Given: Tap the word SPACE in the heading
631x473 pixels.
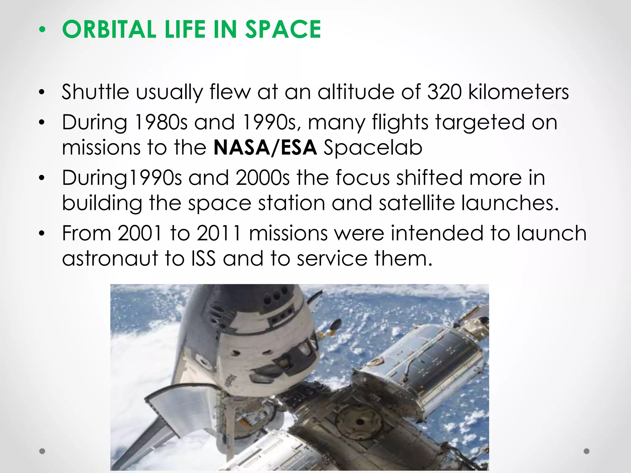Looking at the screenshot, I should [283, 29].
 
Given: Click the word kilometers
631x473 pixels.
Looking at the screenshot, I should [518, 92].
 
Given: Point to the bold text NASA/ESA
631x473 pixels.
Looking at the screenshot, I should [265, 147].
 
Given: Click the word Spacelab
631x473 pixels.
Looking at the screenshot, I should [373, 148].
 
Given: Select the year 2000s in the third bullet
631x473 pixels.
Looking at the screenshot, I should [263, 178].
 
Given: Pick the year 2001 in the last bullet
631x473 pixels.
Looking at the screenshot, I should [139, 233].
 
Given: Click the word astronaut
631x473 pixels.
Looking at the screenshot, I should [110, 258].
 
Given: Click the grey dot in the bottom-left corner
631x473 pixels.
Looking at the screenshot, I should [42, 451].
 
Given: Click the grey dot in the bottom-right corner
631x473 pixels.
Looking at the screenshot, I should [587, 451].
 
